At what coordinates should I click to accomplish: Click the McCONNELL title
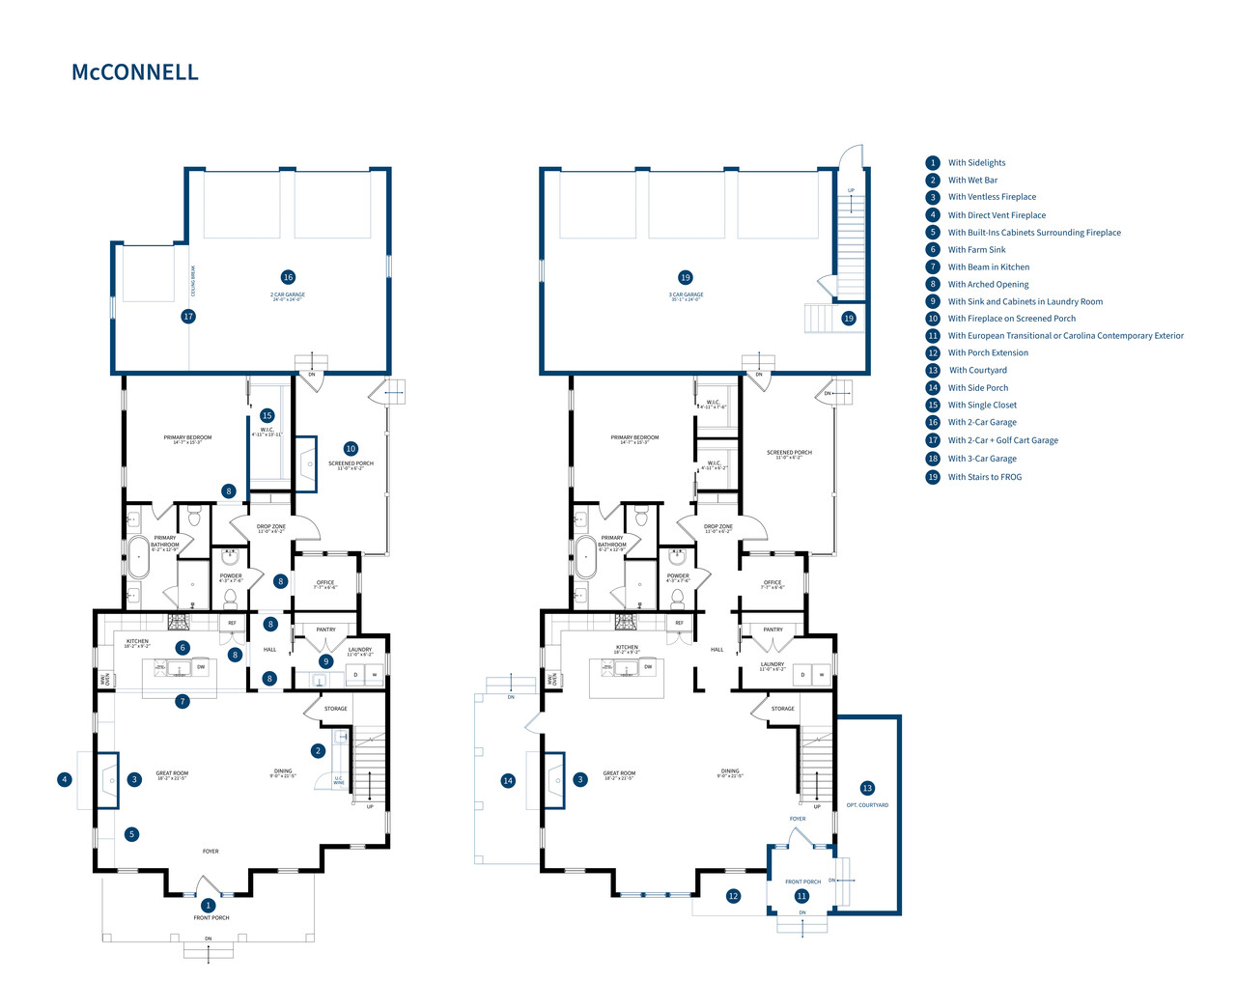pos(135,72)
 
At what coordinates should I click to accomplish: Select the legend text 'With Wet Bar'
pos(972,181)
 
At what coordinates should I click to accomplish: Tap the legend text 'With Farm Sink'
pos(976,250)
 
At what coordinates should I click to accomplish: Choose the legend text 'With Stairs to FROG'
pos(984,477)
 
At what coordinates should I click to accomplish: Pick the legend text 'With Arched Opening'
pos(988,285)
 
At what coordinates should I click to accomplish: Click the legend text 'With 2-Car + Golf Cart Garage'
pos(1002,440)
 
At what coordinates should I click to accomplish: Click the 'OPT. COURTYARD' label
pos(867,805)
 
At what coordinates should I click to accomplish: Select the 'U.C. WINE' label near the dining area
pos(339,780)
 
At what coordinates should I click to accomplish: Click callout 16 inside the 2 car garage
pos(288,278)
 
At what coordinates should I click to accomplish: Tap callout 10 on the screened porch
pos(351,449)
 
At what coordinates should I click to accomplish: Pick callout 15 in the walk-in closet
pos(267,416)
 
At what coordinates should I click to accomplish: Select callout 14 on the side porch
pos(508,781)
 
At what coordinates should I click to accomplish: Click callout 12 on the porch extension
pos(733,897)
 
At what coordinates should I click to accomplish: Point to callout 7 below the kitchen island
pos(183,702)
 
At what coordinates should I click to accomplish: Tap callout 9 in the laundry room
pos(326,661)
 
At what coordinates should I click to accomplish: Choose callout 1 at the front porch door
pos(208,906)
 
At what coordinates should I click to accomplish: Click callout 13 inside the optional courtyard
pos(867,789)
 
